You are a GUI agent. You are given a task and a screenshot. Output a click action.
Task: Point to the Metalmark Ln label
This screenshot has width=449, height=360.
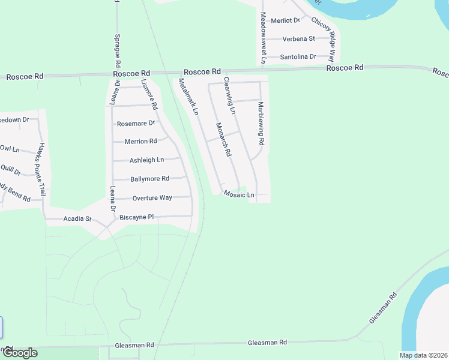(188, 97)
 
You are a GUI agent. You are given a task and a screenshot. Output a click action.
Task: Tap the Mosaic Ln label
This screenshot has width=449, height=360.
(239, 195)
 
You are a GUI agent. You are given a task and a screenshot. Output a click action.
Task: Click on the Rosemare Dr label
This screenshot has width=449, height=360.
(136, 124)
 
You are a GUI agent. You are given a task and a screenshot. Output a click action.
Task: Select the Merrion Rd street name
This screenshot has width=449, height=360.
(140, 142)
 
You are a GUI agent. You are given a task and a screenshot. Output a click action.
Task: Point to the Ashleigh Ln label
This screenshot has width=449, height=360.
(147, 160)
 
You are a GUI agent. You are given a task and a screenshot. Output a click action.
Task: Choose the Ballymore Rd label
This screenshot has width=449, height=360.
(149, 179)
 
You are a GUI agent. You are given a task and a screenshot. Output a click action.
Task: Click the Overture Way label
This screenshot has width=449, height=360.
(152, 197)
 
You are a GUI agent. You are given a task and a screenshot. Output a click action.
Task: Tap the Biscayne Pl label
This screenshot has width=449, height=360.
(137, 217)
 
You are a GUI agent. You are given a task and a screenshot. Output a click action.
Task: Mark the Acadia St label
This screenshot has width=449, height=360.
(77, 219)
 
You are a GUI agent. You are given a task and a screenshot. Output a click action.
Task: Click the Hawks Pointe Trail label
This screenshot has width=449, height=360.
(42, 166)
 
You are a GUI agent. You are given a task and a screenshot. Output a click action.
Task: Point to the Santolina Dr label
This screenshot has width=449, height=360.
(298, 57)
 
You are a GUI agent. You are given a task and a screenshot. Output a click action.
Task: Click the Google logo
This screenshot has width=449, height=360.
(20, 353)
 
